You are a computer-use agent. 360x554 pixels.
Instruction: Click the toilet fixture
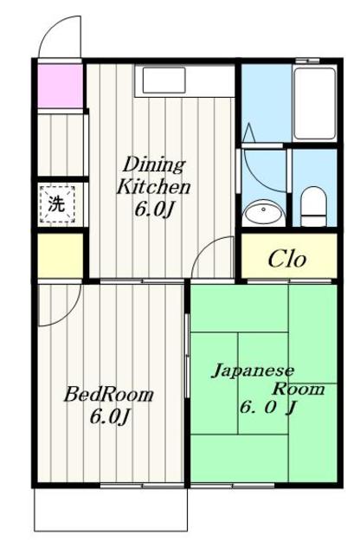[x=313, y=206]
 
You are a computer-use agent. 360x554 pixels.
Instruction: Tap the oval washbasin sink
[x=264, y=211]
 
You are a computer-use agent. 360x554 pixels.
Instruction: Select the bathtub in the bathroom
[x=315, y=104]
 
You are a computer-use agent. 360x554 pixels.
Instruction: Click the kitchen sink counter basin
[x=164, y=80]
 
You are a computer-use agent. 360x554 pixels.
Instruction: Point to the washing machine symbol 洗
[x=57, y=204]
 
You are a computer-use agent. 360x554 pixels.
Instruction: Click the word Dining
[x=154, y=164]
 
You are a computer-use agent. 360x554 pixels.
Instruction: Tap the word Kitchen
[x=153, y=187]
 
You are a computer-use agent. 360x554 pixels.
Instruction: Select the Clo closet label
[x=286, y=260]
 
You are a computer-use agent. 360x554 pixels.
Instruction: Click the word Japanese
[x=253, y=371]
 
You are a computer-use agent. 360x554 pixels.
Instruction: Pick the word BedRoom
[x=108, y=395]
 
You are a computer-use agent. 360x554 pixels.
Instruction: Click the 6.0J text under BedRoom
[x=111, y=416]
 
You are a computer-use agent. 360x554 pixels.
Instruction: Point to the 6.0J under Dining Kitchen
[x=154, y=209]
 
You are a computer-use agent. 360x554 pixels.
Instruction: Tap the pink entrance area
[x=61, y=86]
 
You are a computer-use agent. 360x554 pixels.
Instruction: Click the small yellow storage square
[x=61, y=255]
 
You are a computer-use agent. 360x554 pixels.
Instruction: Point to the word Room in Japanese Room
[x=299, y=389]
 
